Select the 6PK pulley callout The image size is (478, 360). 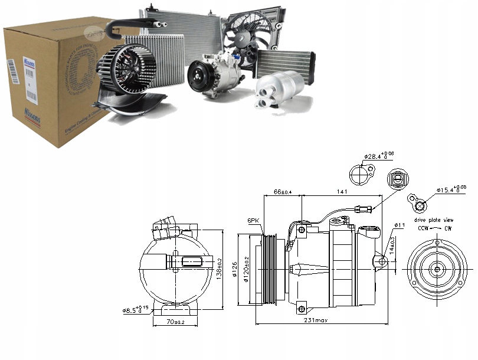point(254,221)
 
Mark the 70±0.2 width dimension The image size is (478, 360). point(175,322)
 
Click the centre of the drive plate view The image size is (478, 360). point(437,270)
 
